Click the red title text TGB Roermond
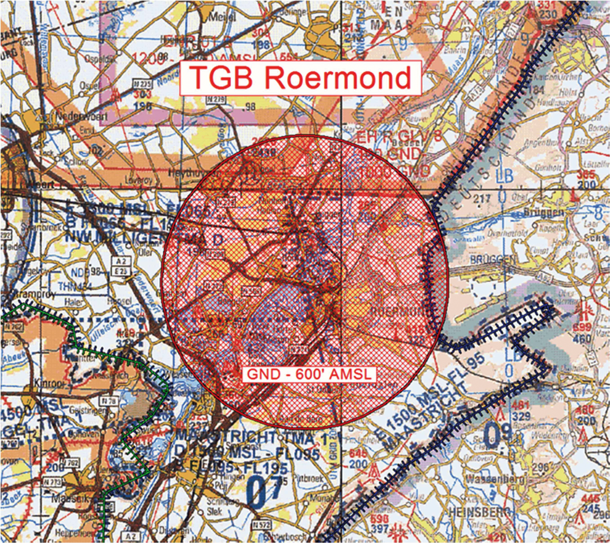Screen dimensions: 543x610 tap(301, 77)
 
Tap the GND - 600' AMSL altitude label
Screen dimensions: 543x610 tap(309, 374)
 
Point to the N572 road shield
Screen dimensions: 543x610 tap(261, 524)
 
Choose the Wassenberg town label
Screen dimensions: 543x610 tap(495, 479)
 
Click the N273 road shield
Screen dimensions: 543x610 tap(52, 482)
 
